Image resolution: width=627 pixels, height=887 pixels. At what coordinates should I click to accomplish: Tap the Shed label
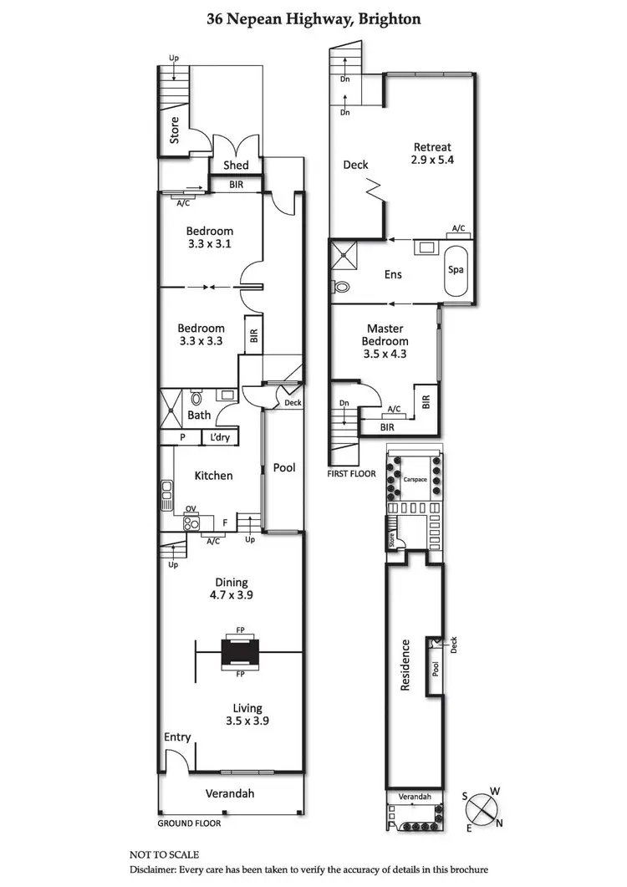pos(236,165)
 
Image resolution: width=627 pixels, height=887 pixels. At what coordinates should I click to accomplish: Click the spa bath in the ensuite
pos(456,271)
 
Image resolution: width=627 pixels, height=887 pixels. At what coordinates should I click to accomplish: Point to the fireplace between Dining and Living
pos(240,652)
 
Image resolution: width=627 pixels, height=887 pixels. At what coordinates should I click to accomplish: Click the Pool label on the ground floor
pos(284,468)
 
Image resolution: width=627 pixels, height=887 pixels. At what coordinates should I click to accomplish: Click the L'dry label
pos(220,437)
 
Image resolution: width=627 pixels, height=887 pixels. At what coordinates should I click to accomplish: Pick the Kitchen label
pos(213,476)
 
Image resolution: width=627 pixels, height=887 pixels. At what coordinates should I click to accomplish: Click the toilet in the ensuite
pos(341,287)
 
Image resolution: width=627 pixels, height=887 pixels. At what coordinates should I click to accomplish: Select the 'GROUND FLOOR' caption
pos(189,823)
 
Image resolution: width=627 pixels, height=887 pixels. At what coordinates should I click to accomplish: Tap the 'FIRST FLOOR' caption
pos(352,473)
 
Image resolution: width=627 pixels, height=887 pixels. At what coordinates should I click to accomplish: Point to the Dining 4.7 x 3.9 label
pos(231,589)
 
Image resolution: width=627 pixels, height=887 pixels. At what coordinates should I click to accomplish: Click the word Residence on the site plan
pos(405,665)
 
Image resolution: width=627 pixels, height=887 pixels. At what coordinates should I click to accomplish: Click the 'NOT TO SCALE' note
pos(164,854)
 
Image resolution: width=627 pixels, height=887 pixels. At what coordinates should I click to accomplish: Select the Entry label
pos(177,737)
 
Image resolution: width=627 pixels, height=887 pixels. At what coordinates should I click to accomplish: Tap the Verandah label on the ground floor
pos(230,793)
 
